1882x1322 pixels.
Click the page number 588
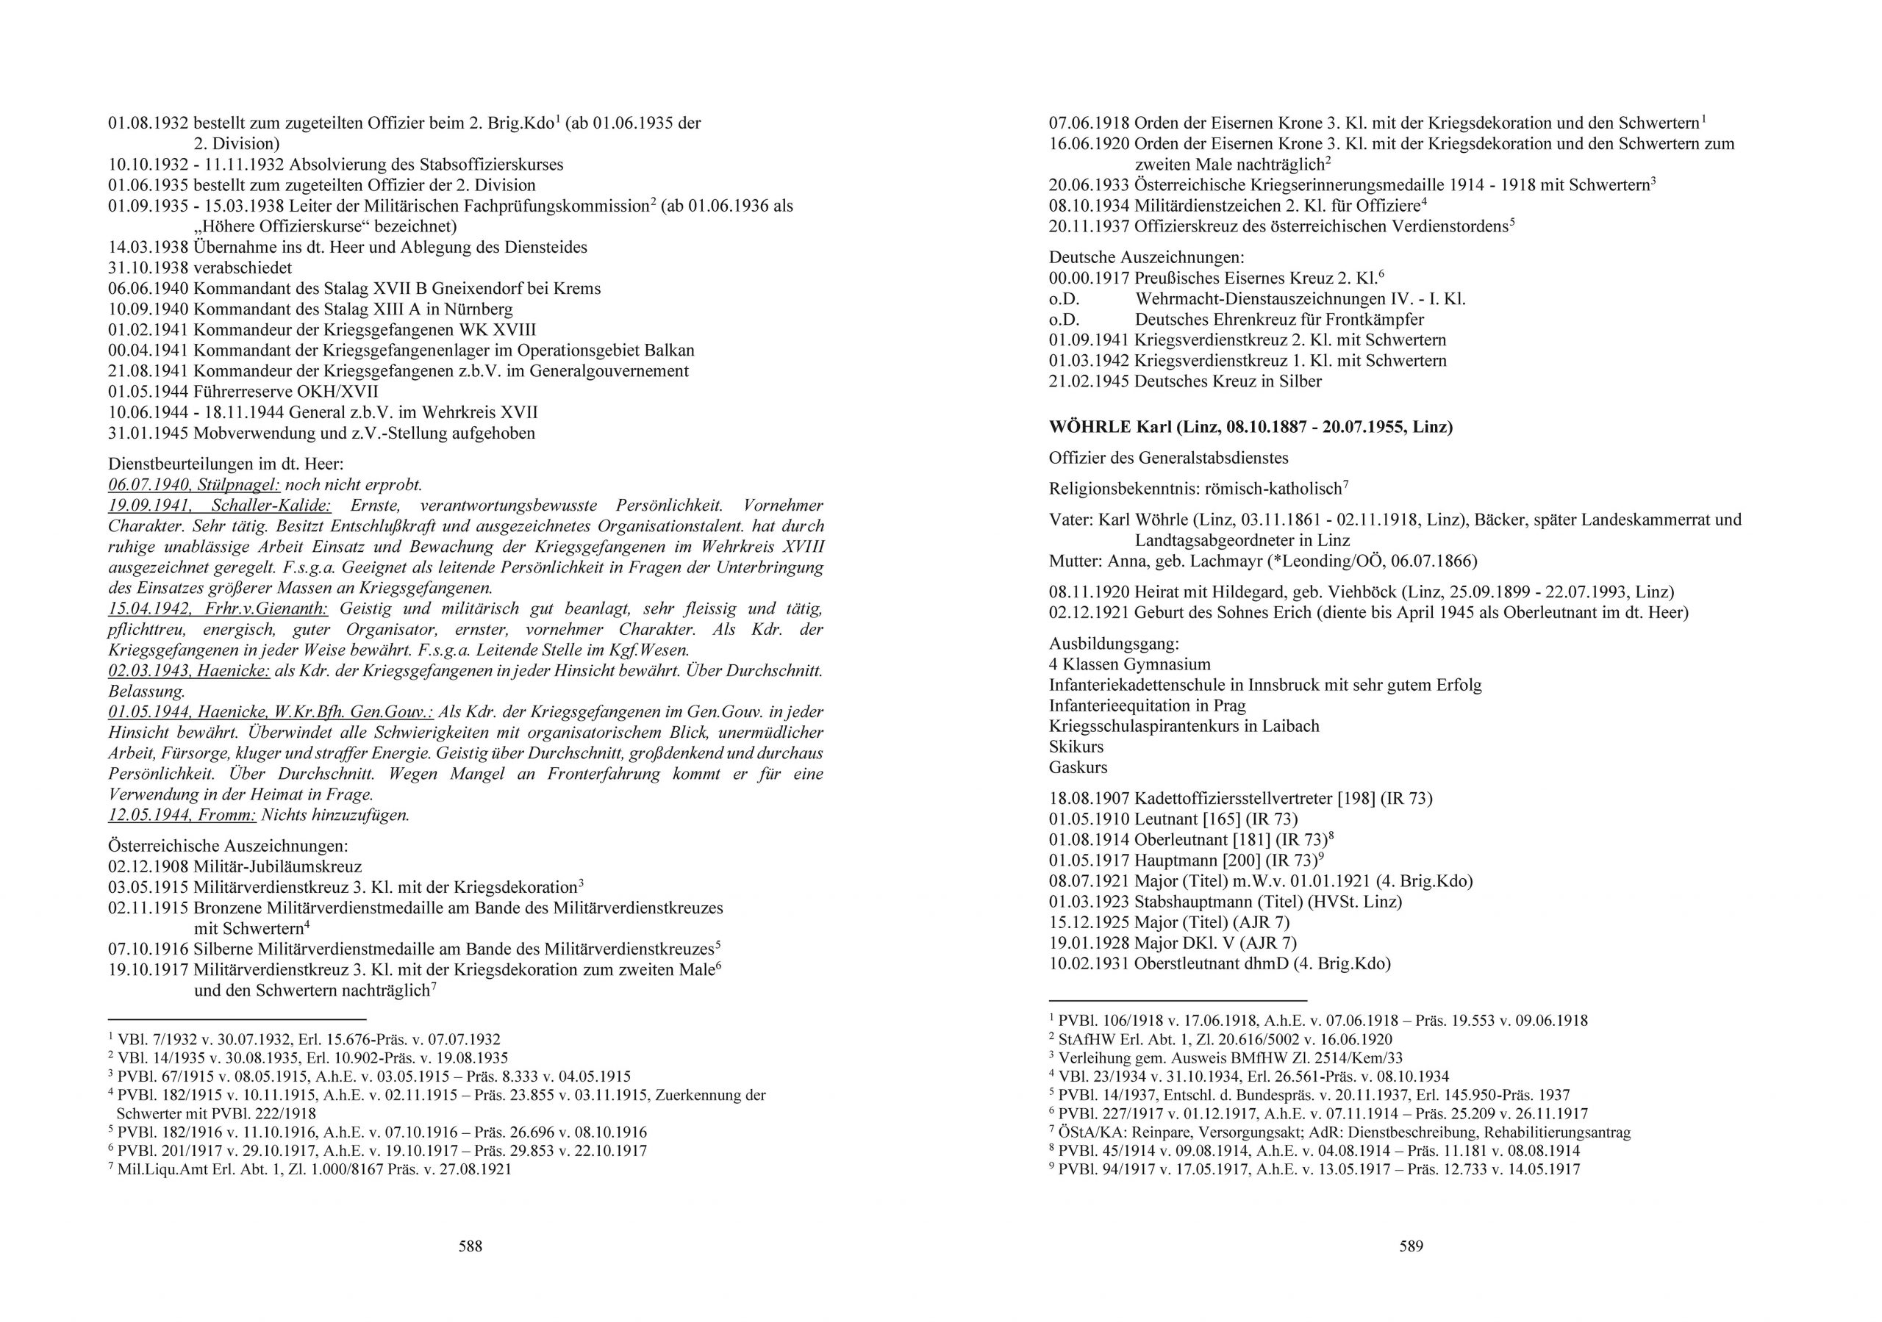pos(470,1246)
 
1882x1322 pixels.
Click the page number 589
pos(1411,1246)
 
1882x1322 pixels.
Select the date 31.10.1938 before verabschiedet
pos(148,268)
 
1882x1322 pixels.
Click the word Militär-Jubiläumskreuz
pos(278,866)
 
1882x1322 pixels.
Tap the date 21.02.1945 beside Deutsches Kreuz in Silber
pos(1089,381)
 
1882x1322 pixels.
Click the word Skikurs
pos(1076,747)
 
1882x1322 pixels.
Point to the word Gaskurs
pos(1078,767)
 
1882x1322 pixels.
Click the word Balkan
pos(665,350)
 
